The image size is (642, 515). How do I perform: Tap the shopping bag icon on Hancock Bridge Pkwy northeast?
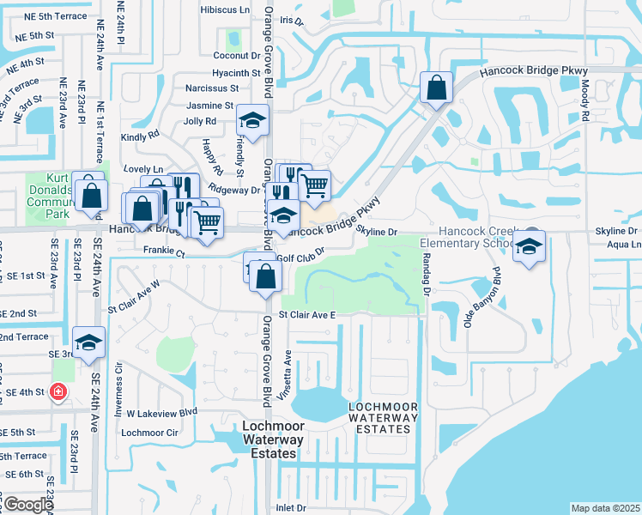436,88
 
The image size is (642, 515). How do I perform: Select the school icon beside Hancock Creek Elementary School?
529,247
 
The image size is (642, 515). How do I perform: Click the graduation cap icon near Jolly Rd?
252,120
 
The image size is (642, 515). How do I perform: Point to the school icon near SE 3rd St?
88,343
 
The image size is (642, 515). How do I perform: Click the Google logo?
27,505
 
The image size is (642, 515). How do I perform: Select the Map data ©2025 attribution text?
605,508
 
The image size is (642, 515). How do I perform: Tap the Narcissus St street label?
212,88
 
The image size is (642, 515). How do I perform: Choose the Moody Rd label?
584,100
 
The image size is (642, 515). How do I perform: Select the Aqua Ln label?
623,245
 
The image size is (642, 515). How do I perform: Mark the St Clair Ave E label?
306,315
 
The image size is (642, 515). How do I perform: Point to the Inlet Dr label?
290,508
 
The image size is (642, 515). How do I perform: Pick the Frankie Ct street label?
165,253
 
